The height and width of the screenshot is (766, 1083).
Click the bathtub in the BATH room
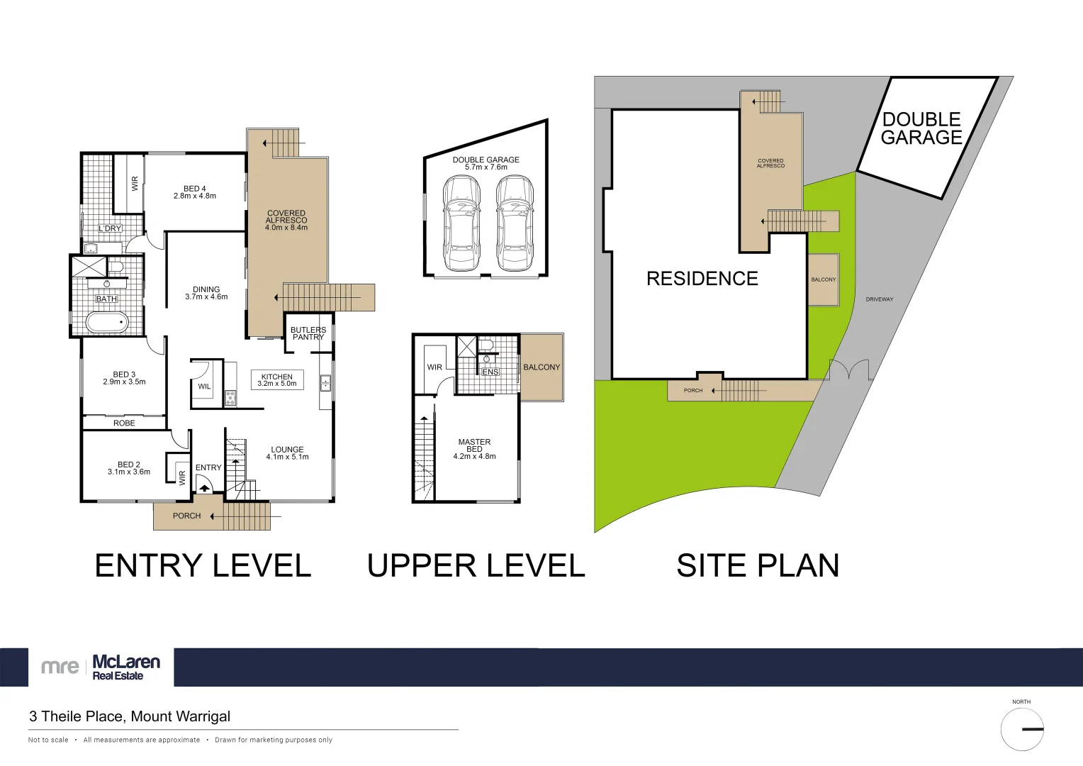coord(107,322)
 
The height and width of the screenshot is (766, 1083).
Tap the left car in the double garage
coord(461,223)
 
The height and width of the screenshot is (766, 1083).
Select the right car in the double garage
coord(515,223)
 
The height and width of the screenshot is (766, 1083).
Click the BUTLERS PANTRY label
coord(308,333)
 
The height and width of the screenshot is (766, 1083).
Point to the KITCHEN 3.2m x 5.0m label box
coord(277,380)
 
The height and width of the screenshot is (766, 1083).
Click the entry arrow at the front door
coord(204,485)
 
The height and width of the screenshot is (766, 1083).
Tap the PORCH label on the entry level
coord(186,516)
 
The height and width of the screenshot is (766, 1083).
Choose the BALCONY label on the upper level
coord(541,367)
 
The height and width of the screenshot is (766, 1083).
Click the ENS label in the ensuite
coord(490,372)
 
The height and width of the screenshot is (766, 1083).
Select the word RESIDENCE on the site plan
coord(702,279)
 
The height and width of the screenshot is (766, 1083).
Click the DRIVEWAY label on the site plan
coord(880,299)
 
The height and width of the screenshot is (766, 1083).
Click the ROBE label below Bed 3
coord(124,423)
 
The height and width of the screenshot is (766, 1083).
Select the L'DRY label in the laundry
coord(110,228)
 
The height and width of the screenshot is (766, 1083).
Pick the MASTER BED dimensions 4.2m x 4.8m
coord(474,456)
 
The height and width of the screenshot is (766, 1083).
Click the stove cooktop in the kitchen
coord(230,398)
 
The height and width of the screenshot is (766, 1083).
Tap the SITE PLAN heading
coord(758,565)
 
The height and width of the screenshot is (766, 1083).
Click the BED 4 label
coord(195,189)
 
